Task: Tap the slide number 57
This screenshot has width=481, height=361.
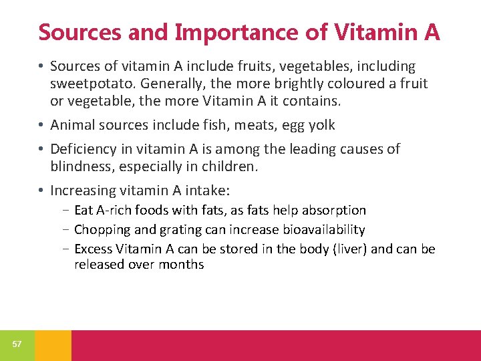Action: (x=17, y=344)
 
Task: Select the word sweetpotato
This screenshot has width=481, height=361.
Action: (x=86, y=84)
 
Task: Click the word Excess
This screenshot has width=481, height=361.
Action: (x=93, y=249)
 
